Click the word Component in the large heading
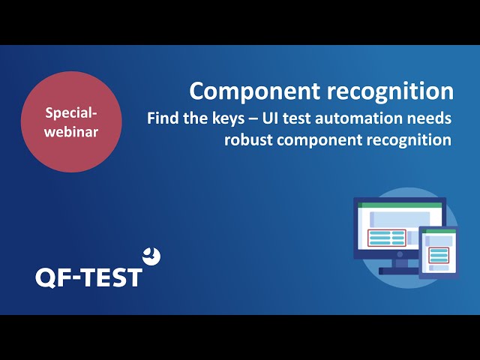tap(255, 91)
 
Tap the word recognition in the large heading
tap(390, 91)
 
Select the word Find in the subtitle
tap(163, 118)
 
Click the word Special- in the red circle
tap(71, 113)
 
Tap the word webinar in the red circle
tap(71, 132)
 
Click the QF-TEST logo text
tap(88, 277)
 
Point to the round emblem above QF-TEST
tap(151, 256)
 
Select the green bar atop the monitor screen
tap(400, 205)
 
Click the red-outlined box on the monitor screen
tap(387, 238)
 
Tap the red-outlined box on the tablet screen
tap(439, 255)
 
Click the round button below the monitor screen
tap(400, 254)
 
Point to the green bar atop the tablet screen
tap(439, 232)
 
